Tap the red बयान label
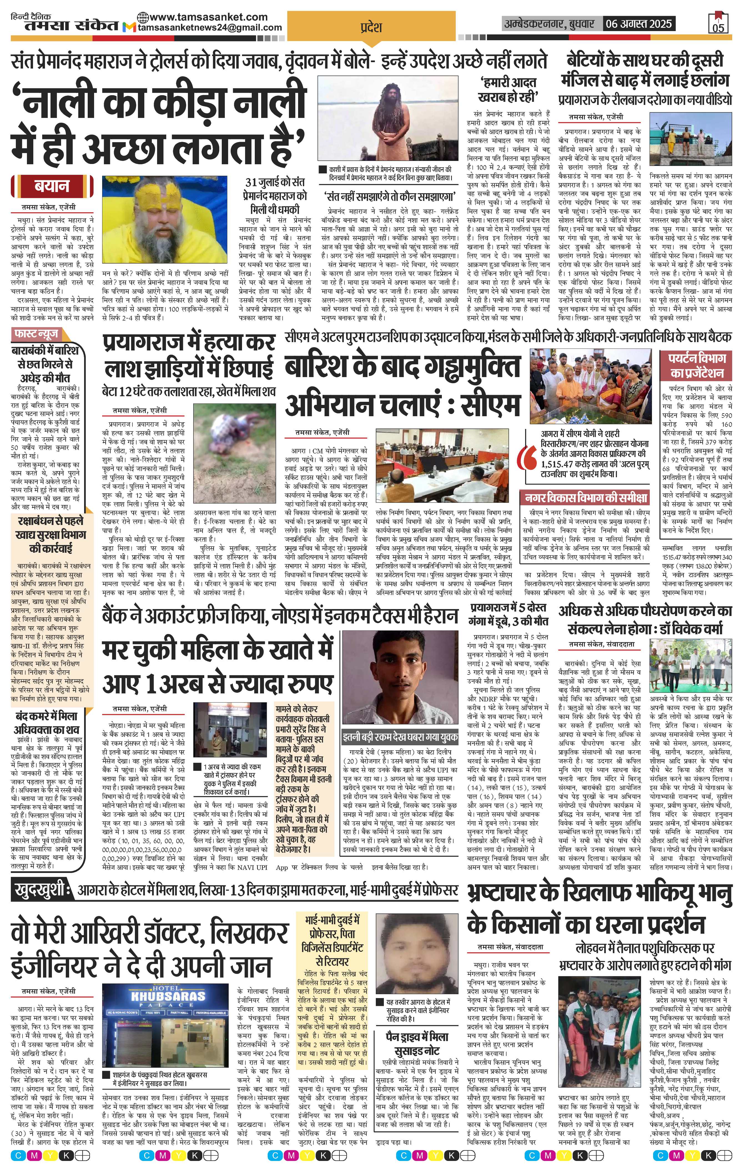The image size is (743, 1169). click(x=51, y=186)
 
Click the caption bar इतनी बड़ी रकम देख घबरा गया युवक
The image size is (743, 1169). click(x=400, y=737)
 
